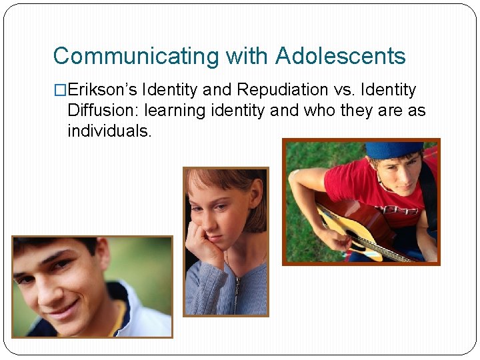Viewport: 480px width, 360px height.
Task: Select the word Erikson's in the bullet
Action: pyautogui.click(x=103, y=90)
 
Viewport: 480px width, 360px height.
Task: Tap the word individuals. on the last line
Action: pyautogui.click(x=110, y=131)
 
